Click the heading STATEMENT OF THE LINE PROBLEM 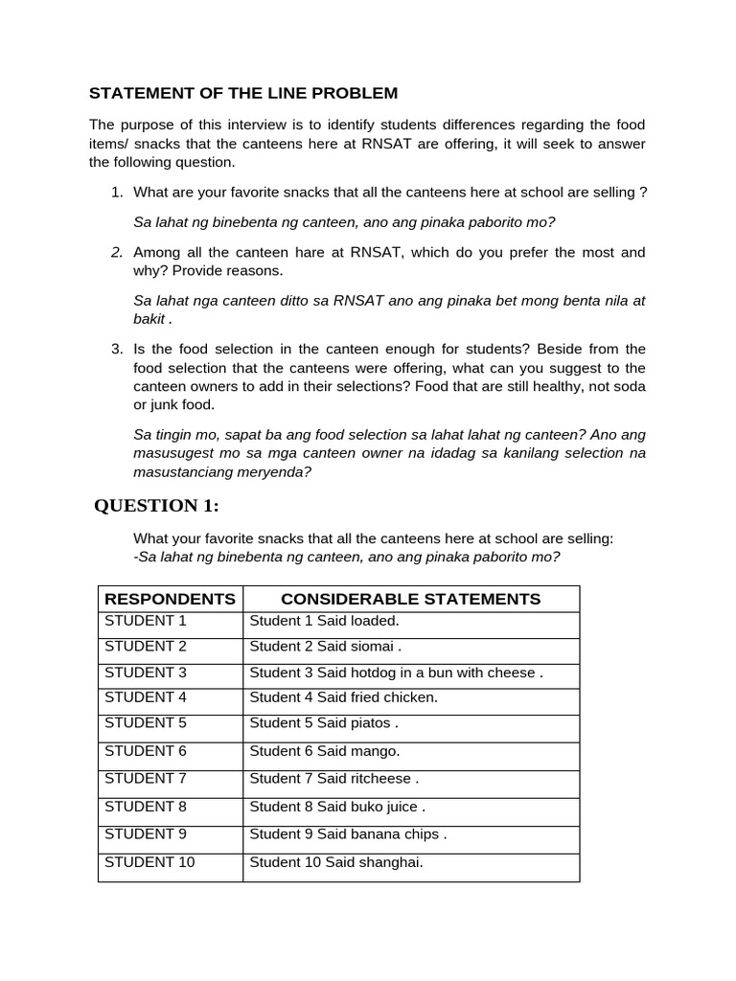click(242, 93)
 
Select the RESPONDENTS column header click(170, 599)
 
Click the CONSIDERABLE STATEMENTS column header click(410, 599)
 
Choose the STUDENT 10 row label click(149, 862)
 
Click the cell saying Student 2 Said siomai click(325, 647)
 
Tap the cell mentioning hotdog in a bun click(396, 673)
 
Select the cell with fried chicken click(343, 697)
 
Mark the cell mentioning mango click(325, 751)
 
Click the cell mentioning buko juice click(337, 807)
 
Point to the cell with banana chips click(348, 833)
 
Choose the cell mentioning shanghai click(335, 862)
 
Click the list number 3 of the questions click(116, 349)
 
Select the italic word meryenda click(278, 472)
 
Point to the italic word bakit click(150, 319)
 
